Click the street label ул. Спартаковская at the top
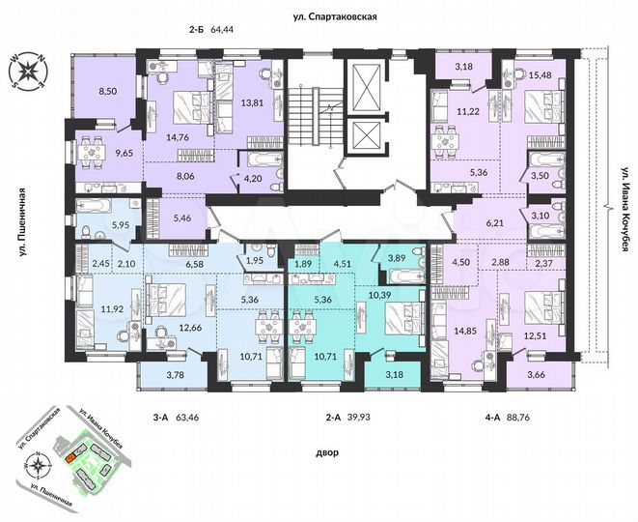335,15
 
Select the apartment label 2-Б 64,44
217,32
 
